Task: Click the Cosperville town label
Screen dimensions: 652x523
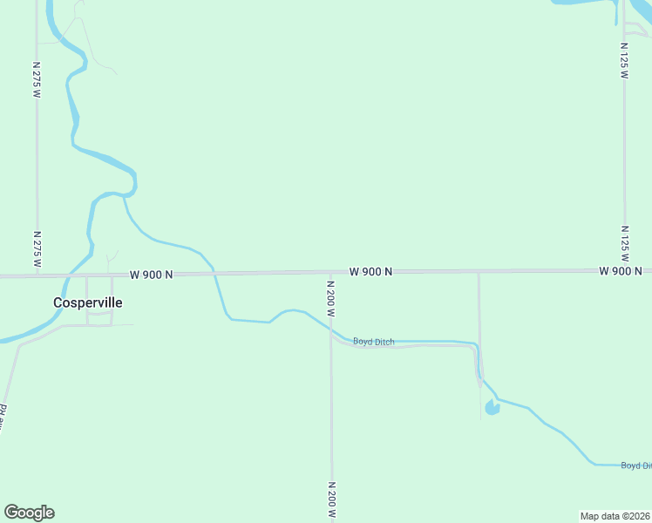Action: click(87, 302)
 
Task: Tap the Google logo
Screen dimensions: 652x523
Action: click(29, 513)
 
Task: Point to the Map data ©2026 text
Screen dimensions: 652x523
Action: click(615, 516)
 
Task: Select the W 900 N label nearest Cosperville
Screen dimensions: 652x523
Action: click(152, 275)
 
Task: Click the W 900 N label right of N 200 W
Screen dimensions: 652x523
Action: click(370, 272)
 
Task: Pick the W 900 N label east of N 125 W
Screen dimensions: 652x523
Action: click(621, 271)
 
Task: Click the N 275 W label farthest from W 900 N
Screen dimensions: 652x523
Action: click(37, 79)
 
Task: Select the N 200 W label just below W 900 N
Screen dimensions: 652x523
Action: click(331, 298)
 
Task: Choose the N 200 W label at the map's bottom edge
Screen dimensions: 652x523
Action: click(331, 500)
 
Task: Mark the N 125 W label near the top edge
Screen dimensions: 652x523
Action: click(624, 61)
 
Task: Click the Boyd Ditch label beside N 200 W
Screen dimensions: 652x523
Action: click(373, 342)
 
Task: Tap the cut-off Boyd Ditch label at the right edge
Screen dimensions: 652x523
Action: click(635, 465)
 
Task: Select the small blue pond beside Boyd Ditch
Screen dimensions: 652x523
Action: click(492, 407)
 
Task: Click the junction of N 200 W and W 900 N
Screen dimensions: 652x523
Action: click(330, 273)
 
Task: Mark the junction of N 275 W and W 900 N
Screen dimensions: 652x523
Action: click(37, 275)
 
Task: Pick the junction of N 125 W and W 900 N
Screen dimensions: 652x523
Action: click(624, 270)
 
